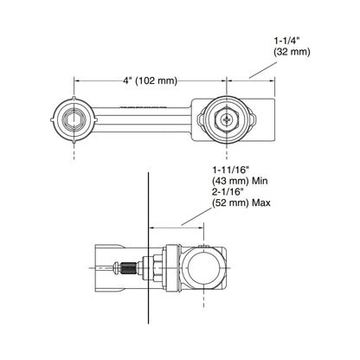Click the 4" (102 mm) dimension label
[x=150, y=80]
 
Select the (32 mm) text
[x=292, y=52]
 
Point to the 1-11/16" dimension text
[x=230, y=170]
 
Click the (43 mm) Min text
[x=240, y=181]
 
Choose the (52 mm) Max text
[x=241, y=203]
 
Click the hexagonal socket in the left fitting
[x=74, y=119]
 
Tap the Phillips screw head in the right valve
[x=227, y=119]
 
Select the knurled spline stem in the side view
[x=127, y=268]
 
